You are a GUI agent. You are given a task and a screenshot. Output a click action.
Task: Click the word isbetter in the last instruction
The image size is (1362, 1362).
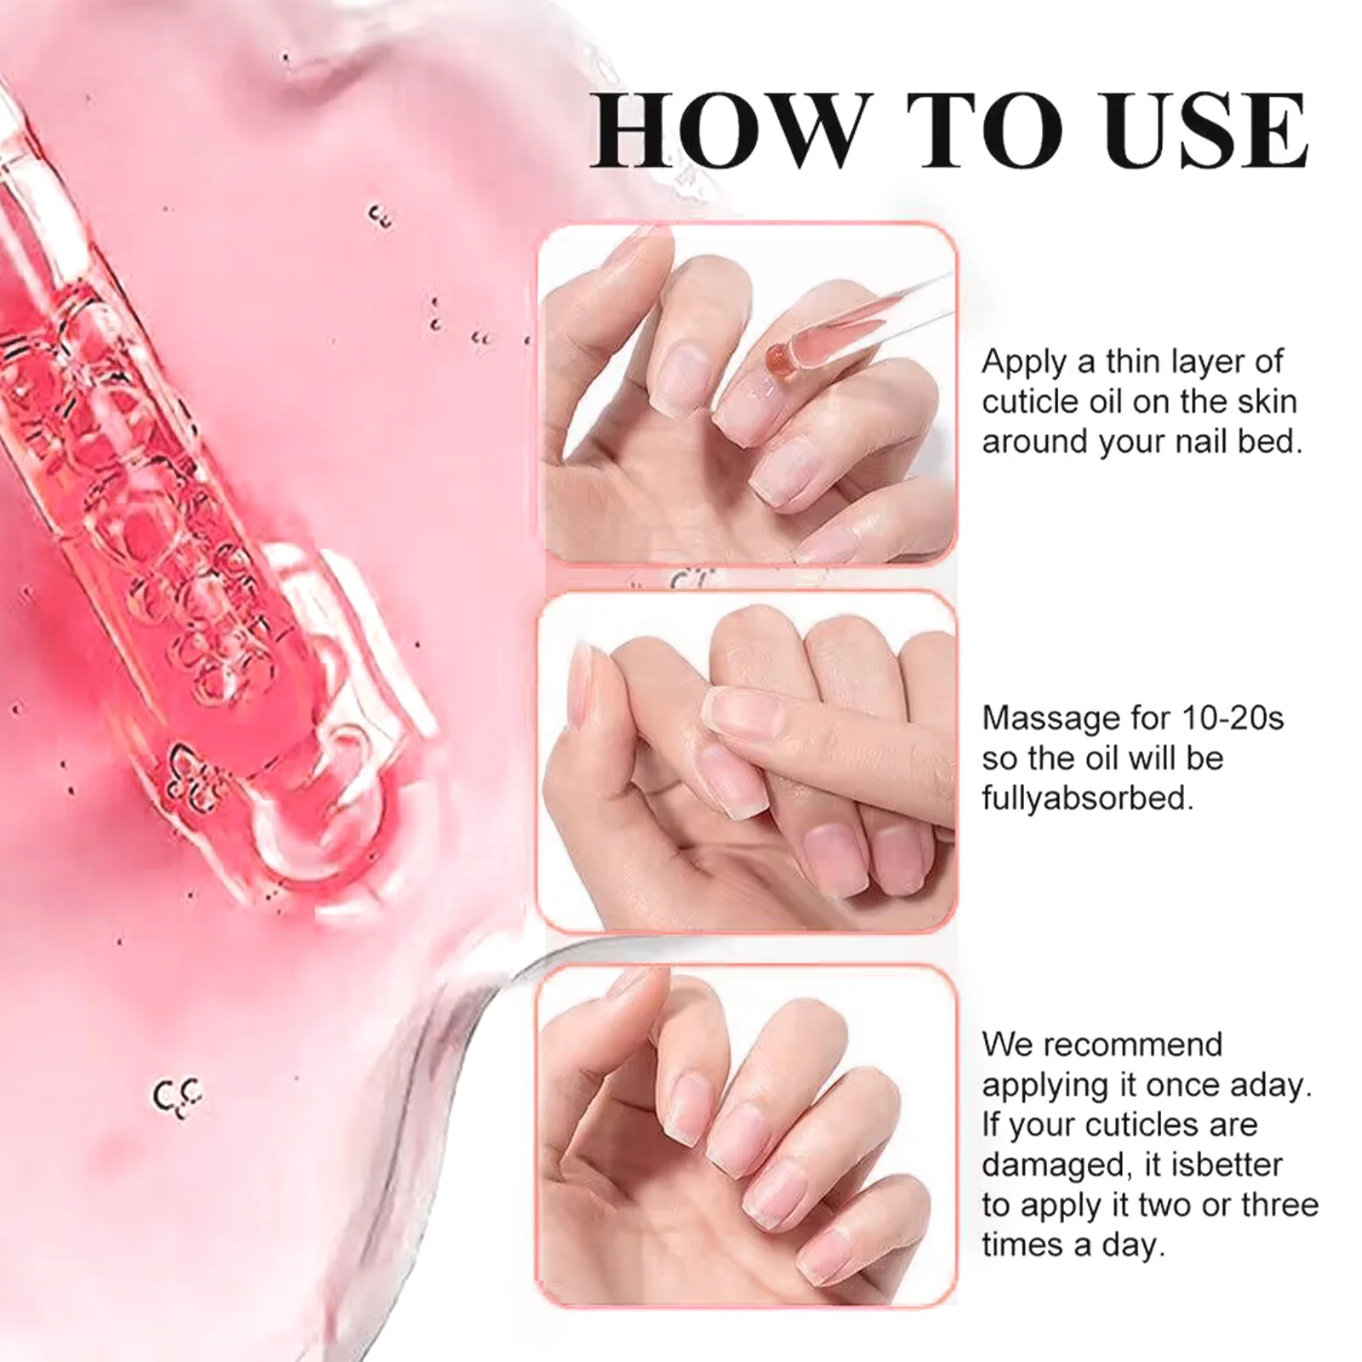click(x=1229, y=1165)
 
